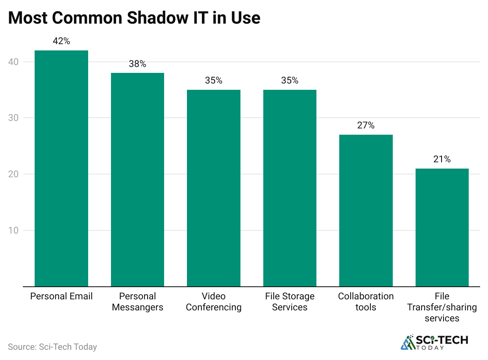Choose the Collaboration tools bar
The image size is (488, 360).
(x=366, y=210)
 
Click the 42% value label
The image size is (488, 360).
(x=61, y=41)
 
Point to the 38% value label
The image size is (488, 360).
(x=137, y=64)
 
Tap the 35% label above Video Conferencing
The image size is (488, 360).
(x=214, y=81)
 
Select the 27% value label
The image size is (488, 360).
(x=366, y=126)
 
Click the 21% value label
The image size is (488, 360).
(x=442, y=160)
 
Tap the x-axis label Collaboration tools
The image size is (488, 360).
(x=366, y=302)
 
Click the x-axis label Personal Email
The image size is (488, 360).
(x=61, y=297)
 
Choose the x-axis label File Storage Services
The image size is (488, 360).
(x=290, y=302)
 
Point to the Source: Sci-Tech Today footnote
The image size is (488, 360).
(x=52, y=347)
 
